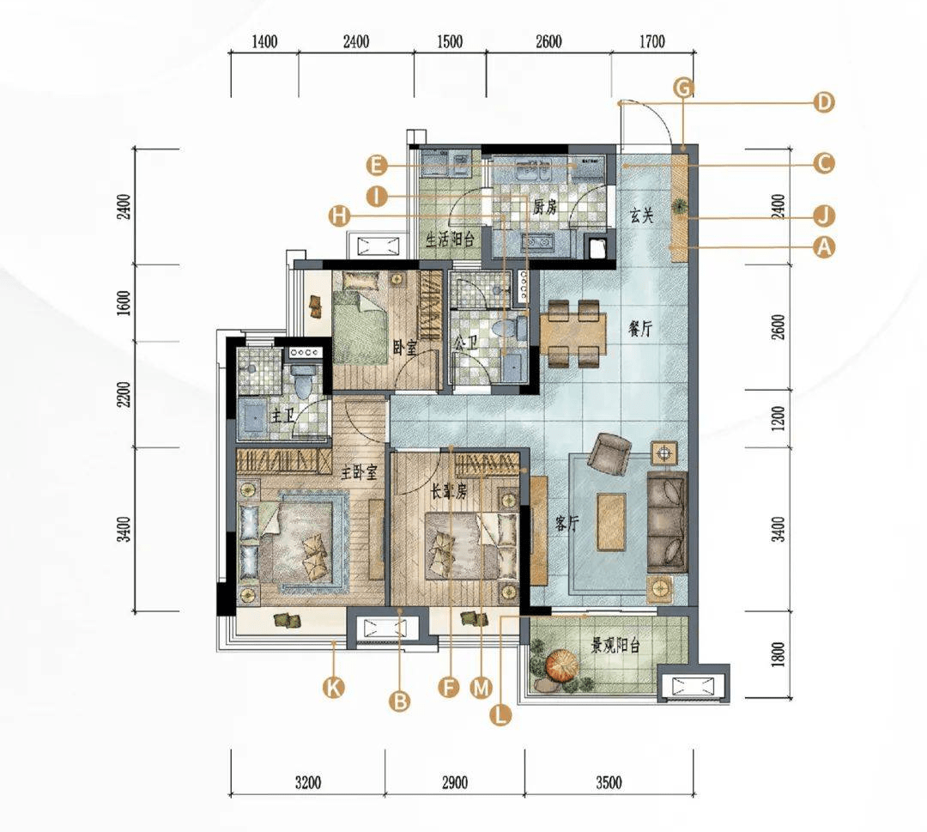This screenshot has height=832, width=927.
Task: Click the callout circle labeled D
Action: (823, 101)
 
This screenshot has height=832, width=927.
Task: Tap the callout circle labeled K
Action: (333, 688)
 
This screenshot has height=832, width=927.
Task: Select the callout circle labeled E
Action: (376, 166)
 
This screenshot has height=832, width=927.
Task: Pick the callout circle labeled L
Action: (500, 715)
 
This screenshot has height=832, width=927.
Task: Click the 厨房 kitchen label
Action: (544, 207)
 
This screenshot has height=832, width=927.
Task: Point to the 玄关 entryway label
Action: (641, 216)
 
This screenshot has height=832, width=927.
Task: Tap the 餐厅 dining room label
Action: (640, 329)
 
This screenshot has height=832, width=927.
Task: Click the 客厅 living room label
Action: (567, 523)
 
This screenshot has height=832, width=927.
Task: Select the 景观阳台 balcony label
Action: (615, 645)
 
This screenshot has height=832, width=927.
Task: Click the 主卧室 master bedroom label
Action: (359, 472)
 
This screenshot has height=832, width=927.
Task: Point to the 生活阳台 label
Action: (451, 240)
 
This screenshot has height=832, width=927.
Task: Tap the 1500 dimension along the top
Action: (449, 42)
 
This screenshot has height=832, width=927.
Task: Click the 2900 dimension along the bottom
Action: (455, 783)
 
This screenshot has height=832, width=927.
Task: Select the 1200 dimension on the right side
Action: (779, 418)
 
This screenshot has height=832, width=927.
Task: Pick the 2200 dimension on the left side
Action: (123, 394)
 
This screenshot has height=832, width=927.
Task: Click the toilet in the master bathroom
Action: (303, 381)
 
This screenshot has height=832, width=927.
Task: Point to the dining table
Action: (573, 333)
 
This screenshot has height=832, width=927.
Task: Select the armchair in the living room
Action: (609, 453)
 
